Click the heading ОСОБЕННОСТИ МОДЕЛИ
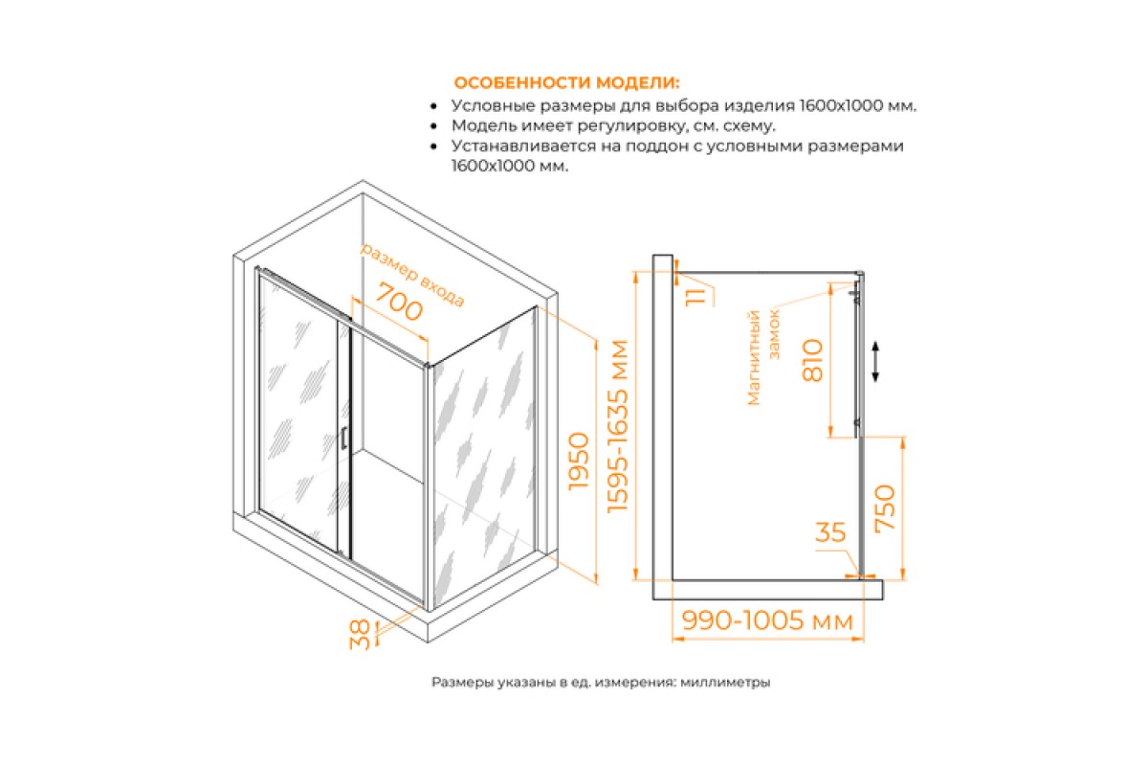[566, 82]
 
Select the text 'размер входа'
[412, 275]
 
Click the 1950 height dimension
[580, 462]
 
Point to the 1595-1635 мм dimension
[617, 426]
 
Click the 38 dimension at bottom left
[360, 635]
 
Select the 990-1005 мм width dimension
[767, 620]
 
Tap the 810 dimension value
[813, 360]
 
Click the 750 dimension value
[885, 508]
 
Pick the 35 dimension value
[830, 532]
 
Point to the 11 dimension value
[695, 297]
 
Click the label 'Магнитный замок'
[763, 357]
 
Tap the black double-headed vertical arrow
[875, 362]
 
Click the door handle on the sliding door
[343, 439]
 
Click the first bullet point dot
[434, 106]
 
